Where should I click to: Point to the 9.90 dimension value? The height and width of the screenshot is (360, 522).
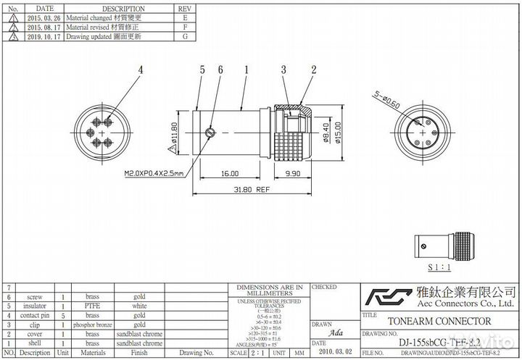click(x=294, y=174)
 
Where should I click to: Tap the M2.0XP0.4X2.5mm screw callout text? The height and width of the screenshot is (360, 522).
click(x=154, y=174)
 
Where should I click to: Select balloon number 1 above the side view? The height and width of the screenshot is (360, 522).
click(x=246, y=70)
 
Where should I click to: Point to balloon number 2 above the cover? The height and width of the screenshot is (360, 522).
click(x=313, y=70)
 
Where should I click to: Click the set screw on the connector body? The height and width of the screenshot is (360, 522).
click(x=210, y=132)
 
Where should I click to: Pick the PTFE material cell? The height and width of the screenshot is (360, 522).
click(x=92, y=306)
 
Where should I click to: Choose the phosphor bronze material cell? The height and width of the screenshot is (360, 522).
click(x=92, y=325)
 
